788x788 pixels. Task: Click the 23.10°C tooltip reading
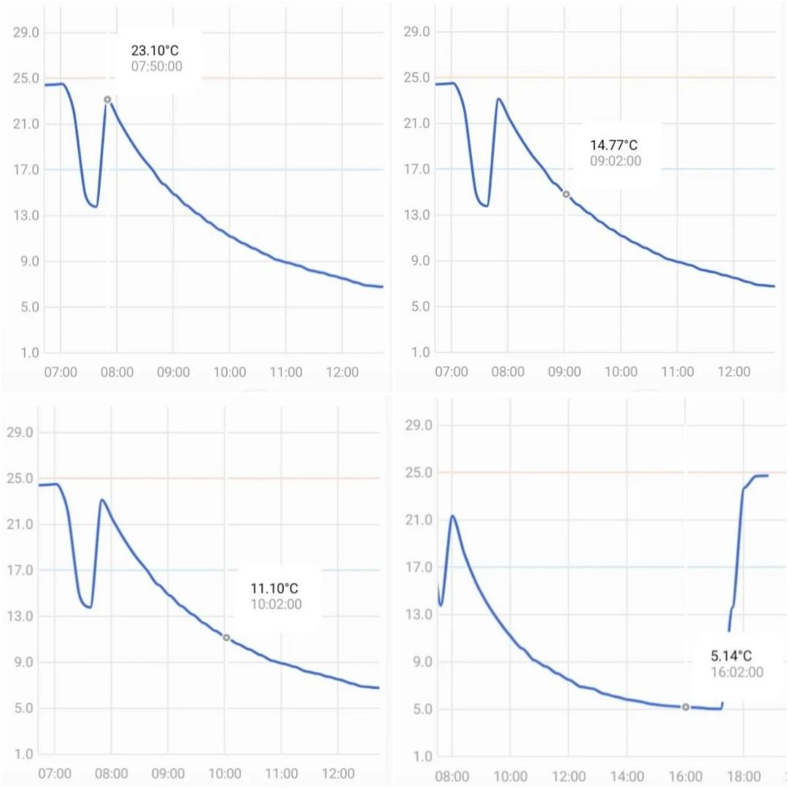pyautogui.click(x=156, y=51)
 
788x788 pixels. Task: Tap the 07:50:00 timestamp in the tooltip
pyautogui.click(x=156, y=66)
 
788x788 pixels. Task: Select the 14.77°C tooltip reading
pyautogui.click(x=615, y=146)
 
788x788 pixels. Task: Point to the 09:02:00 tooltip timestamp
pyautogui.click(x=615, y=161)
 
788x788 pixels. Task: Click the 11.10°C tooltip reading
pyautogui.click(x=274, y=589)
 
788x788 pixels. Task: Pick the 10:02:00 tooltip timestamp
pyautogui.click(x=274, y=604)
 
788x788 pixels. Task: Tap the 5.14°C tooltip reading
pyautogui.click(x=731, y=656)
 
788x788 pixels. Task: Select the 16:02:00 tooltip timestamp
pyautogui.click(x=736, y=672)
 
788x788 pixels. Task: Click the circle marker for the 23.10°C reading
pyautogui.click(x=107, y=99)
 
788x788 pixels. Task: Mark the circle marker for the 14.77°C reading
pyautogui.click(x=566, y=194)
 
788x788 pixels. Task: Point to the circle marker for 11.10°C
pyautogui.click(x=226, y=638)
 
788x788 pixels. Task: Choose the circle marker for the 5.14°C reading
pyautogui.click(x=686, y=707)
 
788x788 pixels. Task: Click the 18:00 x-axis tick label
pyautogui.click(x=743, y=775)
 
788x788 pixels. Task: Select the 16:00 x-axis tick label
pyautogui.click(x=685, y=775)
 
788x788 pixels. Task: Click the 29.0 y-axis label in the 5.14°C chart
pyautogui.click(x=417, y=426)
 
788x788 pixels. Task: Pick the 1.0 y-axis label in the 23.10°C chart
pyautogui.click(x=31, y=353)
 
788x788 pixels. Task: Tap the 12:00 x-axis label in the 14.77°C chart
pyautogui.click(x=734, y=372)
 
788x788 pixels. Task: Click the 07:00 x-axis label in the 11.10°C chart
pyautogui.click(x=55, y=773)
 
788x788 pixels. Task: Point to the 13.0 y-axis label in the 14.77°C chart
pyautogui.click(x=418, y=215)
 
